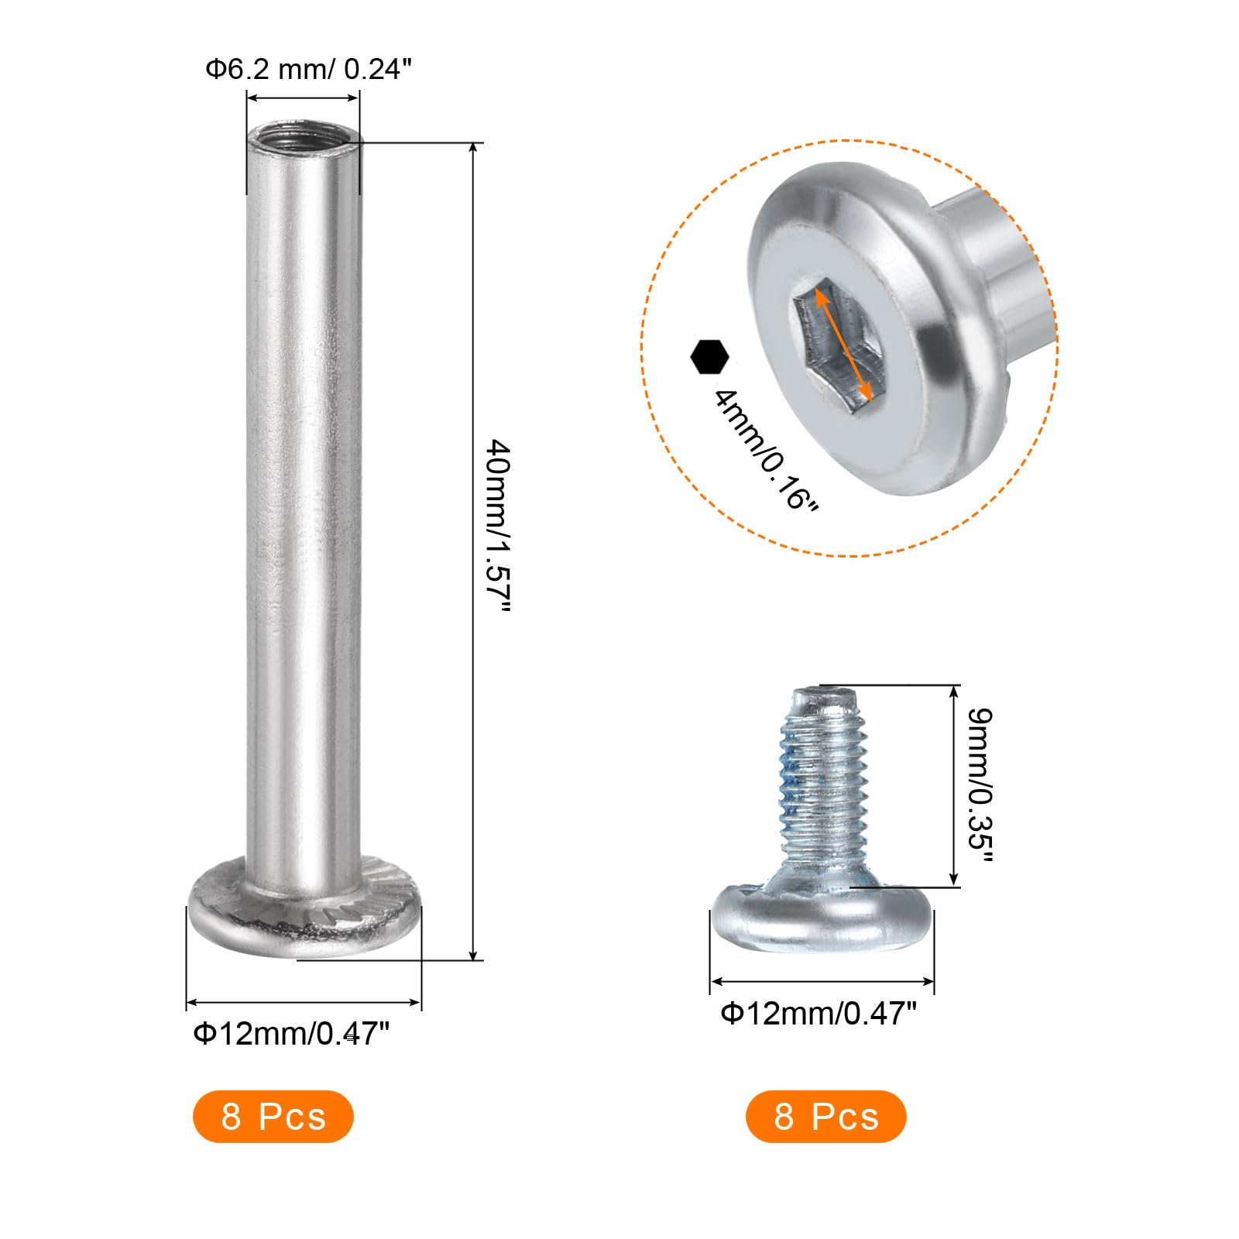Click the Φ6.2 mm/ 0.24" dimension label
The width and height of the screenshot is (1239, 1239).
pyautogui.click(x=307, y=70)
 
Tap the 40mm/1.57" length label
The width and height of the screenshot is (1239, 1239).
pyautogui.click(x=498, y=527)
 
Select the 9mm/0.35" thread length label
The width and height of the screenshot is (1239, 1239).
pyautogui.click(x=980, y=785)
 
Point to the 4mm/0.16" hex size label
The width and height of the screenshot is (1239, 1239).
pyautogui.click(x=765, y=449)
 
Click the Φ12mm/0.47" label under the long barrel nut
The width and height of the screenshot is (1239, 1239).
pyautogui.click(x=291, y=1033)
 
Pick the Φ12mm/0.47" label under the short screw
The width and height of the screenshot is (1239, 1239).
pyautogui.click(x=819, y=1014)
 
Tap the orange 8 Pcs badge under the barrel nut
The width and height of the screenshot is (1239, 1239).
pyautogui.click(x=273, y=1116)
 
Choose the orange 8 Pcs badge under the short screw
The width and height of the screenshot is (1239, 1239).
pyautogui.click(x=826, y=1116)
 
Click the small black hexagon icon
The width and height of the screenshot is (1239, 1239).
pyautogui.click(x=709, y=356)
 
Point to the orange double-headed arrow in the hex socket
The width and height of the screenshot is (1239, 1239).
pyautogui.click(x=844, y=344)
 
